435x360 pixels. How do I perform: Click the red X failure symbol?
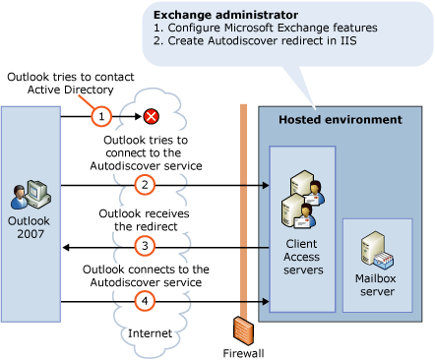[152, 117]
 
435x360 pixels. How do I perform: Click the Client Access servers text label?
[301, 254]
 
